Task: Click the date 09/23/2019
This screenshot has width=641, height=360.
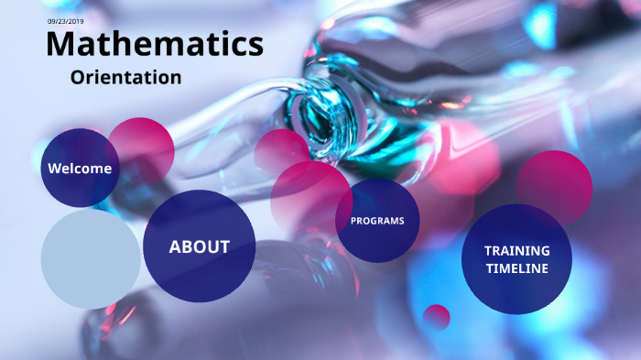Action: (x=66, y=21)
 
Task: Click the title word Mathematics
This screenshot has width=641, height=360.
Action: (x=154, y=44)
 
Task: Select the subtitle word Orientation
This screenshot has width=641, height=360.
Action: (x=125, y=77)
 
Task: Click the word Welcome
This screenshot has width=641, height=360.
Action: (x=80, y=169)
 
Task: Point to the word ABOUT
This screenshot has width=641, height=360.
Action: (x=199, y=246)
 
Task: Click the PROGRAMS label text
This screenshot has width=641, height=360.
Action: (x=377, y=221)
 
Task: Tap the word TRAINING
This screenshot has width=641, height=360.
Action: (x=517, y=250)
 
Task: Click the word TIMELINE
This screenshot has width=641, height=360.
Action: (x=517, y=268)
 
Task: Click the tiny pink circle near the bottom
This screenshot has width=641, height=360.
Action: (x=437, y=317)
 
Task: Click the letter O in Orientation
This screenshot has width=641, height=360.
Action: (x=79, y=77)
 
